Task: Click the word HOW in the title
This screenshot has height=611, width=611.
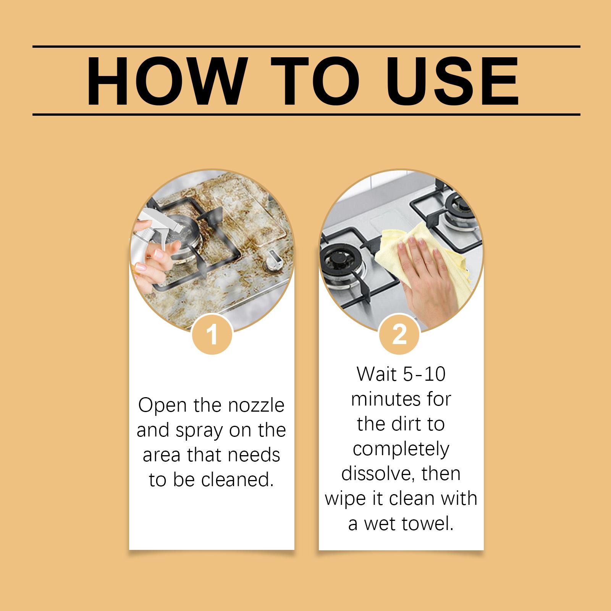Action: coord(165,81)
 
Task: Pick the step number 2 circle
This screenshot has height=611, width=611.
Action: coord(399,335)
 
